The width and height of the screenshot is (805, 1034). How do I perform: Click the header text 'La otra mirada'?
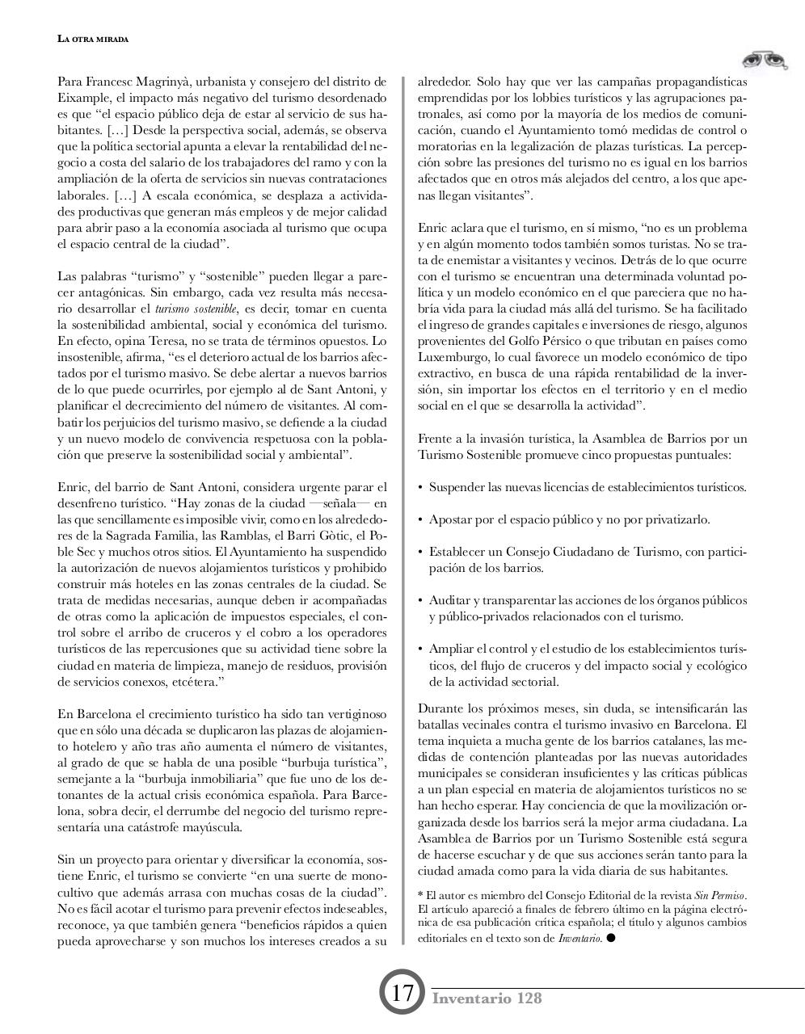coord(93,39)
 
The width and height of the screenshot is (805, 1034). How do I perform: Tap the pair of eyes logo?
coord(764,61)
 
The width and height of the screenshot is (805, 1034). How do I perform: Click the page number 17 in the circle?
coord(402,992)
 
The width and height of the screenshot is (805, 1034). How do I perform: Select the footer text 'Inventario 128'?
coord(487,998)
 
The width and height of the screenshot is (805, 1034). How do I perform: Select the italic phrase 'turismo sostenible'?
coord(196,309)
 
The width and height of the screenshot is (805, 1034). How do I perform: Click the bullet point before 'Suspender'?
coord(420,488)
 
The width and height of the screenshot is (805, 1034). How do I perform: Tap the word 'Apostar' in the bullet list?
coord(449,519)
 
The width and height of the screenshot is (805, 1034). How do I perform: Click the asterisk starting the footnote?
coord(420,894)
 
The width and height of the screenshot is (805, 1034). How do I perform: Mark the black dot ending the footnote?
coord(610,938)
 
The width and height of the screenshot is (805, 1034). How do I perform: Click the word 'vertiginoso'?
coord(356,714)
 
